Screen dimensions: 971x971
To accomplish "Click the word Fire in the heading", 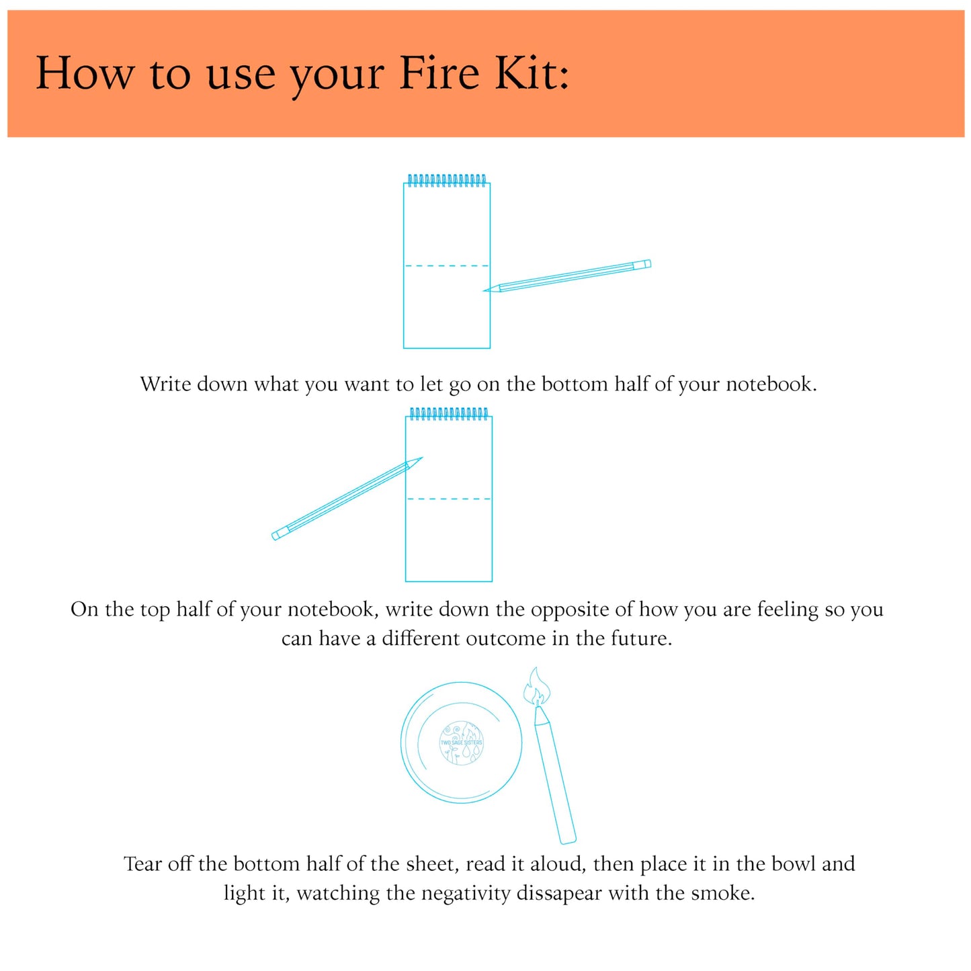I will [x=439, y=73].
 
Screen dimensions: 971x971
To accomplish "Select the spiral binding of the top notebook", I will [x=447, y=180].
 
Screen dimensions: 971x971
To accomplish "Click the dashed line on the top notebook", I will [x=447, y=266].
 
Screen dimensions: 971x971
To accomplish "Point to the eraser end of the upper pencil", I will [x=643, y=264].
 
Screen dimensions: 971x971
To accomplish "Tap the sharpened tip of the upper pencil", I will [x=487, y=290].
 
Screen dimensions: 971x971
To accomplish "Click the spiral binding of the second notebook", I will [x=449, y=413].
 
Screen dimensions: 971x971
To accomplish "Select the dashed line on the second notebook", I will [x=449, y=499].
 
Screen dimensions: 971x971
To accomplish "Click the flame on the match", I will [x=537, y=687].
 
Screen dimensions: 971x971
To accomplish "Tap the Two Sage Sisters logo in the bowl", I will [x=461, y=743].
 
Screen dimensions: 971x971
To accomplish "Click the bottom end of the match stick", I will [x=568, y=839].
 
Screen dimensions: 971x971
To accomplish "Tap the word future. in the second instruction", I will [x=641, y=638].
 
